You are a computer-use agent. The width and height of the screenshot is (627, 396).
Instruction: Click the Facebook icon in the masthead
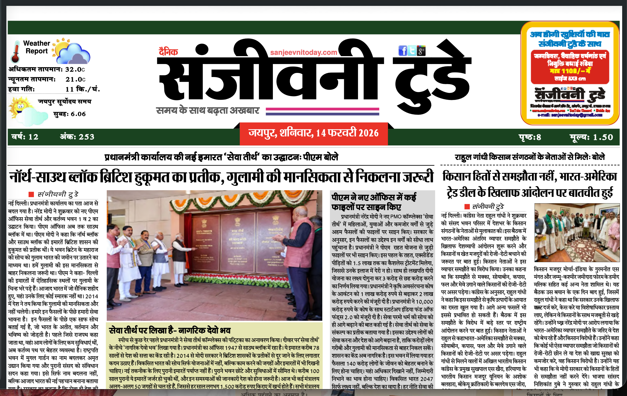403,50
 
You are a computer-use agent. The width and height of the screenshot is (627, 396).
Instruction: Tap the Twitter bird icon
412,50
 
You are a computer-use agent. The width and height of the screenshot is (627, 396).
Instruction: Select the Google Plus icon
421,51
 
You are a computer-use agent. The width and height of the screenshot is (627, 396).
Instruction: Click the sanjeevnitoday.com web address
304,53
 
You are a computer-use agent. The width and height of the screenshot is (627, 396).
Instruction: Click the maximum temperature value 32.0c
75,70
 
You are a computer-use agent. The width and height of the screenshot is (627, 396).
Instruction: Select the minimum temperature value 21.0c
75,80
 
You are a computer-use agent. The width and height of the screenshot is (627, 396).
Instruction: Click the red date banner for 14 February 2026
313,133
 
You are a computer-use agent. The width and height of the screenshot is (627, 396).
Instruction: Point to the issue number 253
86,137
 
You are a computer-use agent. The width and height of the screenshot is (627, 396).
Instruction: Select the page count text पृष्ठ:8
530,137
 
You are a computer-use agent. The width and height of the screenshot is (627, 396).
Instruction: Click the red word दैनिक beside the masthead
168,52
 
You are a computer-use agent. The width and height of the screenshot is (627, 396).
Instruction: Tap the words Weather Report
36,47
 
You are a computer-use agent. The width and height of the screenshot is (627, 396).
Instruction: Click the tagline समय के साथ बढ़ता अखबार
208,111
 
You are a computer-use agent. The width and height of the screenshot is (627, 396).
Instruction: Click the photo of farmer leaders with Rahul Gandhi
577,233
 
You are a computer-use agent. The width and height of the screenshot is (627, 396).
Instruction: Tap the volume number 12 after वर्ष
33,137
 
